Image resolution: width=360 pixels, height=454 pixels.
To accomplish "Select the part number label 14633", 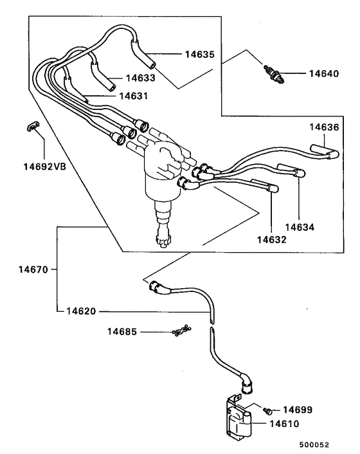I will coord(141,78).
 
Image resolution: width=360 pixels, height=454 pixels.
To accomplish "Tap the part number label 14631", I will coord(132,96).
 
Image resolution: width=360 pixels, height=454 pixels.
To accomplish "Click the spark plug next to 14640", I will coord(273,74).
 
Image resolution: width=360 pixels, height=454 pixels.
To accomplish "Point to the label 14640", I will coord(322,74).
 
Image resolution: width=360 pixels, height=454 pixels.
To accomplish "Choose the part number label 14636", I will coord(323,127).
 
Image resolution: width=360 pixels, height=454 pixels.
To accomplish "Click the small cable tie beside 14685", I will coord(180,331).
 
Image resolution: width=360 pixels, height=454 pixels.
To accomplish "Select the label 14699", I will coord(300,410).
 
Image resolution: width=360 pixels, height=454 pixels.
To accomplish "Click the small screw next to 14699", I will coord(269,409).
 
